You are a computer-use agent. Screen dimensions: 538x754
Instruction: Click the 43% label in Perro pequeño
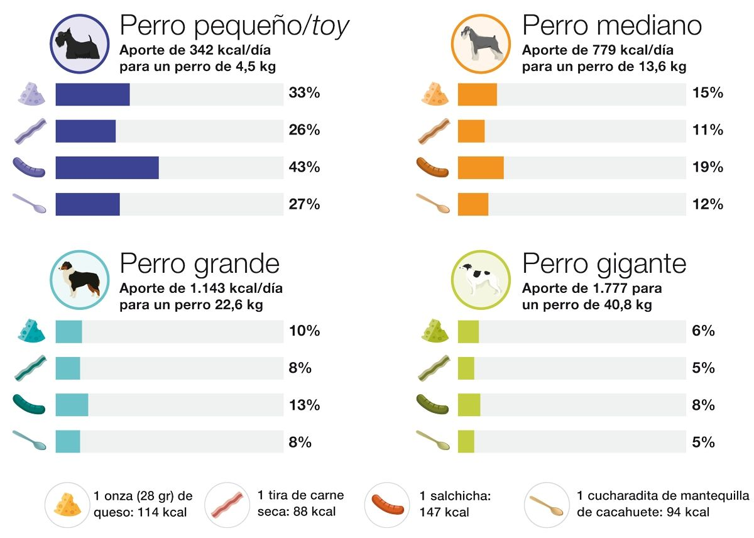click(304, 168)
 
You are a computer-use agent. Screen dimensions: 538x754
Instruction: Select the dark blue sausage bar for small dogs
click(107, 168)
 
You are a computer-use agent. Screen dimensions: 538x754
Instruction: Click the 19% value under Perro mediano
click(707, 168)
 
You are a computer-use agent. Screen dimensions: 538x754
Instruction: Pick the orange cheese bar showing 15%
click(477, 94)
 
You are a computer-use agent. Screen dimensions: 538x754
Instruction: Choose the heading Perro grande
click(199, 263)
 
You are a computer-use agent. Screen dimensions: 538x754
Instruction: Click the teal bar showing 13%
click(72, 405)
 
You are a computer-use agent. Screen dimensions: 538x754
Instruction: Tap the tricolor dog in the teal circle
click(78, 279)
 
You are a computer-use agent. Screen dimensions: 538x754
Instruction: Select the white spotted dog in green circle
click(481, 279)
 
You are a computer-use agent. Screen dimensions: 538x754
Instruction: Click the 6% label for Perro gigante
click(702, 331)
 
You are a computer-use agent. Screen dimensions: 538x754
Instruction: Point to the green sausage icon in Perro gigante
click(432, 405)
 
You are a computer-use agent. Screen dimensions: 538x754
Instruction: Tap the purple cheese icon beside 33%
click(31, 94)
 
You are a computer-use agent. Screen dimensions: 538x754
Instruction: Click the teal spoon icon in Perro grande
click(30, 441)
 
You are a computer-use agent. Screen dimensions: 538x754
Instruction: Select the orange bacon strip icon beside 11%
click(432, 131)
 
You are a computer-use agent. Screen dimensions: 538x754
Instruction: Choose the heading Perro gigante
click(604, 263)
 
